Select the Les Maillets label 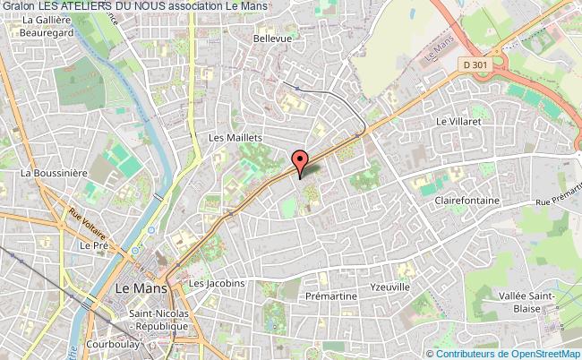pyautogui.click(x=235, y=138)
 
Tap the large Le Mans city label pyautogui.click(x=140, y=288)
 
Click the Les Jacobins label pyautogui.click(x=217, y=284)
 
